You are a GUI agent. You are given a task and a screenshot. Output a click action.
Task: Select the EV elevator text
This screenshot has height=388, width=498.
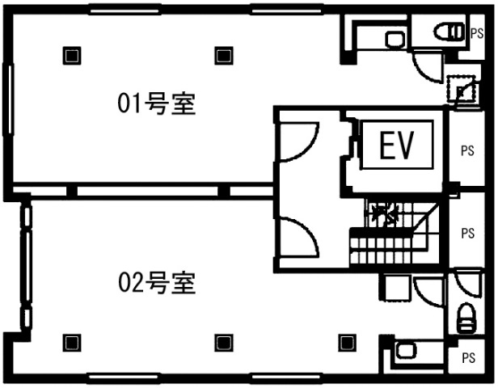tap(396, 147)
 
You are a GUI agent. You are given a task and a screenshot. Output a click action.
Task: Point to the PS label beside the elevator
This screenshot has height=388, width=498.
tap(467, 150)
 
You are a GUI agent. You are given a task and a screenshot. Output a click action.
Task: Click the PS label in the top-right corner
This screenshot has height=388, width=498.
tap(477, 32)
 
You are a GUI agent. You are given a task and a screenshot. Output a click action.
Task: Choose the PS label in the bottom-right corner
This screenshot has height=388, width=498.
tap(467, 356)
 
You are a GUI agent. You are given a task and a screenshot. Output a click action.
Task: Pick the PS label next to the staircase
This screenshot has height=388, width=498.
tap(467, 233)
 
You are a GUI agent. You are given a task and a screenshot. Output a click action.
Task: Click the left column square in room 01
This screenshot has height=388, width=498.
tap(72, 55)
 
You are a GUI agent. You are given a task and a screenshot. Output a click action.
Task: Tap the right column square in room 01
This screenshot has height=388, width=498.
tap(222, 55)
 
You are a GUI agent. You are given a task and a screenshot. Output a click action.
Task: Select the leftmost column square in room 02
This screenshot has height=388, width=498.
tap(72, 341)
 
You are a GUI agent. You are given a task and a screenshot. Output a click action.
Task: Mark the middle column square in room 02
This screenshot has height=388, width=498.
tap(222, 341)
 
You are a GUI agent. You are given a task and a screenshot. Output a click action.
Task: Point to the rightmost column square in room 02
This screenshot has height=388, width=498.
tap(347, 341)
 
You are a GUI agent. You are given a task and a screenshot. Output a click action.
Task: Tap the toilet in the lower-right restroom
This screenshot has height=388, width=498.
tap(467, 317)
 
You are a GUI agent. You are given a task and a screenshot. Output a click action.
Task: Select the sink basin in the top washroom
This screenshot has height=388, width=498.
tap(395, 39)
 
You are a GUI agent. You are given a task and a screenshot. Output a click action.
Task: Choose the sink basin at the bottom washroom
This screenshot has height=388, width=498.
tap(405, 351)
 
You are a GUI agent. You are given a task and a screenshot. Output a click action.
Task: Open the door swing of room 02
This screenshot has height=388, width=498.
tap(297, 236)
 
